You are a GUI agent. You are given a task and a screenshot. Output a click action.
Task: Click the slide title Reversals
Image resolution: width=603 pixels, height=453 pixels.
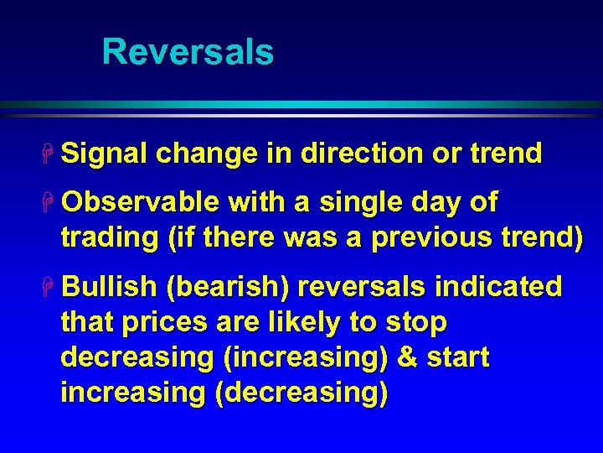tap(188, 52)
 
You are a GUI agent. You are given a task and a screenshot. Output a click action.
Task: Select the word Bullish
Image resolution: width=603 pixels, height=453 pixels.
tap(109, 287)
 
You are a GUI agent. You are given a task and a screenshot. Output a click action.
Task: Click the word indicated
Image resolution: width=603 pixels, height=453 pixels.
tap(499, 287)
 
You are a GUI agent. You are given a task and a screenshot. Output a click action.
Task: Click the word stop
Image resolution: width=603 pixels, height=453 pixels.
tap(416, 322)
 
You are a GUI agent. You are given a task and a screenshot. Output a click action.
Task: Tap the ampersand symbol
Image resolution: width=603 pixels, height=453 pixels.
tap(407, 357)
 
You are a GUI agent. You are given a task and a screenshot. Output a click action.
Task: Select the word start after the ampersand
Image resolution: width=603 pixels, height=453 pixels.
tap(457, 357)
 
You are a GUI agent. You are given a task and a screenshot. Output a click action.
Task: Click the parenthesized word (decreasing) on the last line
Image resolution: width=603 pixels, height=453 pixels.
tap(301, 393)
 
